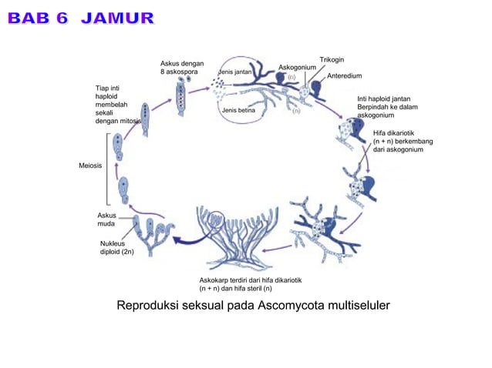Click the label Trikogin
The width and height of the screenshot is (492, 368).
click(332, 59)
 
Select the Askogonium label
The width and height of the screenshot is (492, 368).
click(297, 68)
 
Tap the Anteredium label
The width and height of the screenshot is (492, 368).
click(344, 76)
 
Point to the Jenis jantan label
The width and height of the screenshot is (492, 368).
click(235, 71)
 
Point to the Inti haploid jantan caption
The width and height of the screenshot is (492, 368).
click(386, 107)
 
